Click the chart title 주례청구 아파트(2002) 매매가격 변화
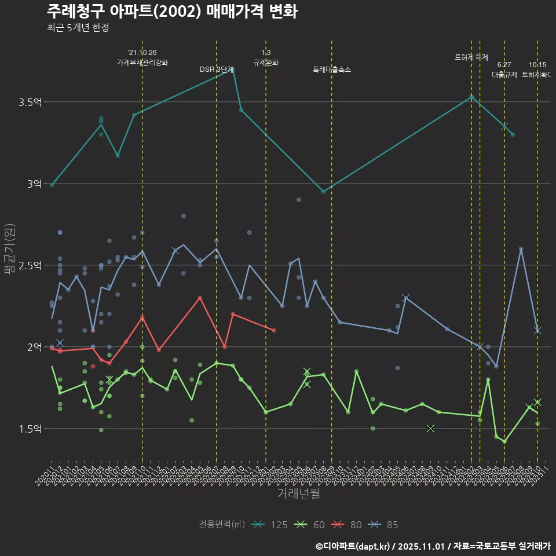tap(172, 11)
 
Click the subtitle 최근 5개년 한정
tap(78, 28)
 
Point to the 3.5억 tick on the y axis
tap(30, 103)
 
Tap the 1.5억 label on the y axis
tap(30, 429)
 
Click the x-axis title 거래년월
tap(298, 494)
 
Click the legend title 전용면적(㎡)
tap(221, 525)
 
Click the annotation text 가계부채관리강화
tap(142, 63)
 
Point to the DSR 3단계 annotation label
tap(216, 69)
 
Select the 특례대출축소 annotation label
tap(332, 69)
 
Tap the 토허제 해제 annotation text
tap(471, 57)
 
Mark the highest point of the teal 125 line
tap(233, 69)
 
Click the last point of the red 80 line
tap(274, 330)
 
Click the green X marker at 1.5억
tap(430, 429)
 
